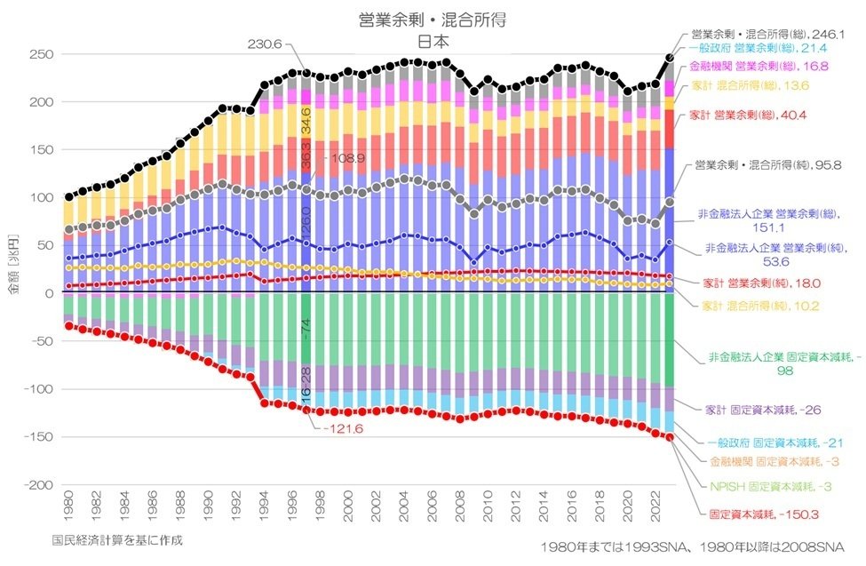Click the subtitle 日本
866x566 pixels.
pyautogui.click(x=433, y=40)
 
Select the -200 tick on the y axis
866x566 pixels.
pyautogui.click(x=40, y=485)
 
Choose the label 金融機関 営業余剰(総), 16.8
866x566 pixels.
pyautogui.click(x=757, y=66)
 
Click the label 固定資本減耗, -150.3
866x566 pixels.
pyautogui.click(x=763, y=514)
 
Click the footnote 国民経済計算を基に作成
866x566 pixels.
pyautogui.click(x=117, y=539)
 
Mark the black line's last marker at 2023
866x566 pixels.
pyautogui.click(x=670, y=58)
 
